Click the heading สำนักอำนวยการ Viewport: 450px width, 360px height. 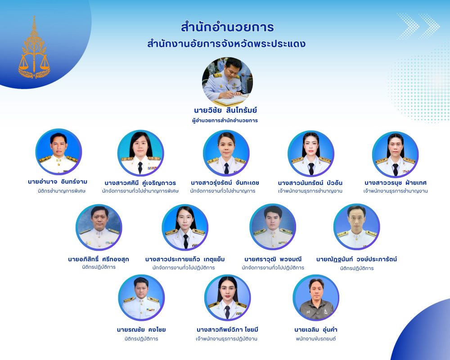coord(227,27)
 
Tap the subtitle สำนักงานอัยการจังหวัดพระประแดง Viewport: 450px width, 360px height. coord(226,44)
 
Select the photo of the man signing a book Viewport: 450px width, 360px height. coord(227,82)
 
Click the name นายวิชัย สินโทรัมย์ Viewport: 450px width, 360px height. coord(225,110)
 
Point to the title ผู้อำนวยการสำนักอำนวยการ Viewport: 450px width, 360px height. coord(225,121)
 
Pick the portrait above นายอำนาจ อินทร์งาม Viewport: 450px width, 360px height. coord(58,152)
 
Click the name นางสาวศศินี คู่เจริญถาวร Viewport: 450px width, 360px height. coord(140,183)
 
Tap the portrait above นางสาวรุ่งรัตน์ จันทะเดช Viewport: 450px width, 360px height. coord(226,153)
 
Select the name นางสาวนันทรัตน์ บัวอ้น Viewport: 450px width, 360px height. coord(310,183)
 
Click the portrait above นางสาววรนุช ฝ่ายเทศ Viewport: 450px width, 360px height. coord(395,154)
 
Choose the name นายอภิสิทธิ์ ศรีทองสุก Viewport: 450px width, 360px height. coord(99,259)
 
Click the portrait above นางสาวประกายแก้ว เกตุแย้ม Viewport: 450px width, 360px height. coord(185,227)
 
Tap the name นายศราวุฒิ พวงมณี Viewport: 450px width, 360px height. coord(273,259)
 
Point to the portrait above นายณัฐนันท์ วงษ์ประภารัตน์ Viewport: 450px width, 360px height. coord(357,227)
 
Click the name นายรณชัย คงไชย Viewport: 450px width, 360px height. coord(141,329)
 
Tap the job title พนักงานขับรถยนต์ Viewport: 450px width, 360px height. coord(316,339)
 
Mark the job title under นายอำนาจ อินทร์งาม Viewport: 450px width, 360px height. coord(61,191)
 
